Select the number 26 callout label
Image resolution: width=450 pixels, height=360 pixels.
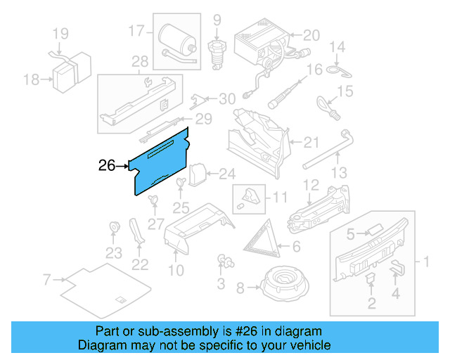(x=107, y=167)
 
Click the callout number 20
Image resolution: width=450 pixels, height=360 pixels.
(x=311, y=34)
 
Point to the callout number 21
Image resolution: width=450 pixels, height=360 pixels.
(x=311, y=143)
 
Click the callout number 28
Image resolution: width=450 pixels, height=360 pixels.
(x=140, y=63)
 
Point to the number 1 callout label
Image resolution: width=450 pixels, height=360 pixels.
(x=424, y=263)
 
